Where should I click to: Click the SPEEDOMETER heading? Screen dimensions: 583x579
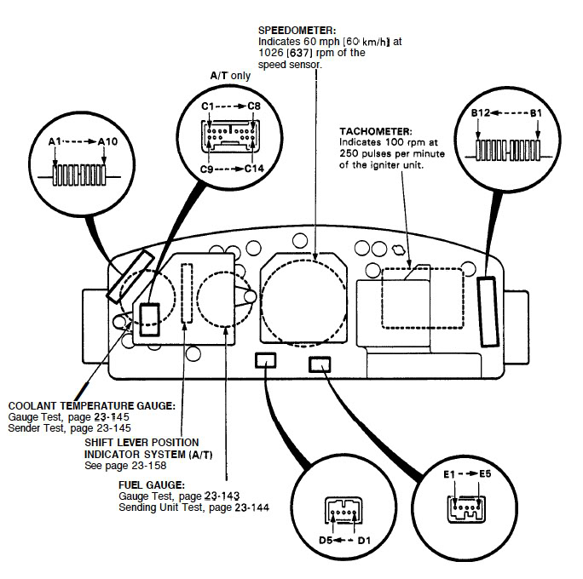(x=297, y=31)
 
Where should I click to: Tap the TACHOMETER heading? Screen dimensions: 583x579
(x=376, y=131)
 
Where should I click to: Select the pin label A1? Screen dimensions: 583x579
(x=55, y=141)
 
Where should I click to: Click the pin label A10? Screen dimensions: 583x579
(x=107, y=141)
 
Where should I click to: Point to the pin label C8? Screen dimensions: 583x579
(x=254, y=106)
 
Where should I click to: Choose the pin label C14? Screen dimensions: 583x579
(x=254, y=169)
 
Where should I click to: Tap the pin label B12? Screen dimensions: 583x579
(x=481, y=113)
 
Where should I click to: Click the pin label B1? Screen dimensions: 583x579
(x=536, y=113)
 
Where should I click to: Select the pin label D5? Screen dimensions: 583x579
(x=326, y=540)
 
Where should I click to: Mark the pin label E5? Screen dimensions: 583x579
(x=485, y=474)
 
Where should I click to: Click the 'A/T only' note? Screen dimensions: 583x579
(x=230, y=76)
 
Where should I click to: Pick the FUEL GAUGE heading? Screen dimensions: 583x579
(x=152, y=485)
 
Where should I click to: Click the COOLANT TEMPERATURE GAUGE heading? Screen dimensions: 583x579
(x=92, y=406)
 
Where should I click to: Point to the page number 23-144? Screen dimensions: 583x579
(x=251, y=507)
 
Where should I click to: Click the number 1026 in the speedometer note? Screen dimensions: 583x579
(x=271, y=53)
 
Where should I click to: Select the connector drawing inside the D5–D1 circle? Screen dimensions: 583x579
(x=344, y=511)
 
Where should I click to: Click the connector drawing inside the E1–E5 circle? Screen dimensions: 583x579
(x=466, y=508)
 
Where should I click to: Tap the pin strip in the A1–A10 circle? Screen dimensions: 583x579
(x=79, y=175)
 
